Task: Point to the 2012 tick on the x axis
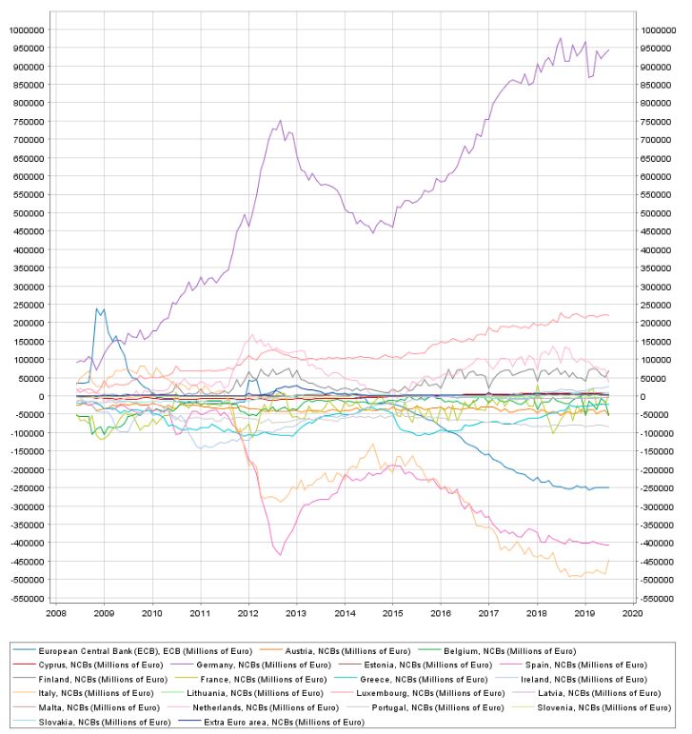click(x=248, y=614)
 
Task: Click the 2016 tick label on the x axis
click(x=441, y=614)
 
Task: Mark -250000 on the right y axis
click(x=662, y=487)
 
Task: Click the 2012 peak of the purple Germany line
click(x=280, y=121)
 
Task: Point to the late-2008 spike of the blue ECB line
click(x=96, y=308)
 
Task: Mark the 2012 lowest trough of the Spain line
click(x=280, y=554)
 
